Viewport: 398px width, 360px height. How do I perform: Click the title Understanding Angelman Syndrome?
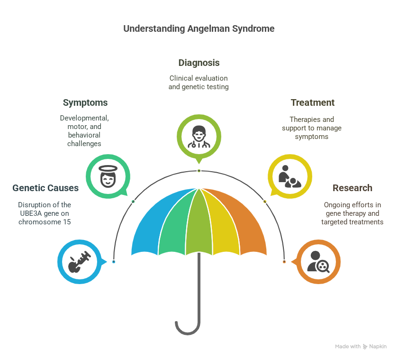pyautogui.click(x=199, y=28)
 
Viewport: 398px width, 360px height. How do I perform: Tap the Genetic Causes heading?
pyautogui.click(x=45, y=188)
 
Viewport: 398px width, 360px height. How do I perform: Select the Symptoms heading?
pyautogui.click(x=85, y=102)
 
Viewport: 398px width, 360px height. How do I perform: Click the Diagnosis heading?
pyautogui.click(x=199, y=63)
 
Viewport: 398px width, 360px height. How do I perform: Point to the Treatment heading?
pyautogui.click(x=313, y=102)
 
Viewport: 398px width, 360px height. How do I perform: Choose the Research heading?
pyautogui.click(x=352, y=188)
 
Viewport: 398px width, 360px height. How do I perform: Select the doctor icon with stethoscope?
pyautogui.click(x=199, y=136)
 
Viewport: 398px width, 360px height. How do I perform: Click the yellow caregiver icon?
pyautogui.click(x=290, y=176)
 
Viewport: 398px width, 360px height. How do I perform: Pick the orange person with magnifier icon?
pyautogui.click(x=318, y=262)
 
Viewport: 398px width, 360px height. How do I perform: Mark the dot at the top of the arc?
pyautogui.click(x=199, y=170)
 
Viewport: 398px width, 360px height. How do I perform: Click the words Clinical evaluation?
pyautogui.click(x=199, y=78)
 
